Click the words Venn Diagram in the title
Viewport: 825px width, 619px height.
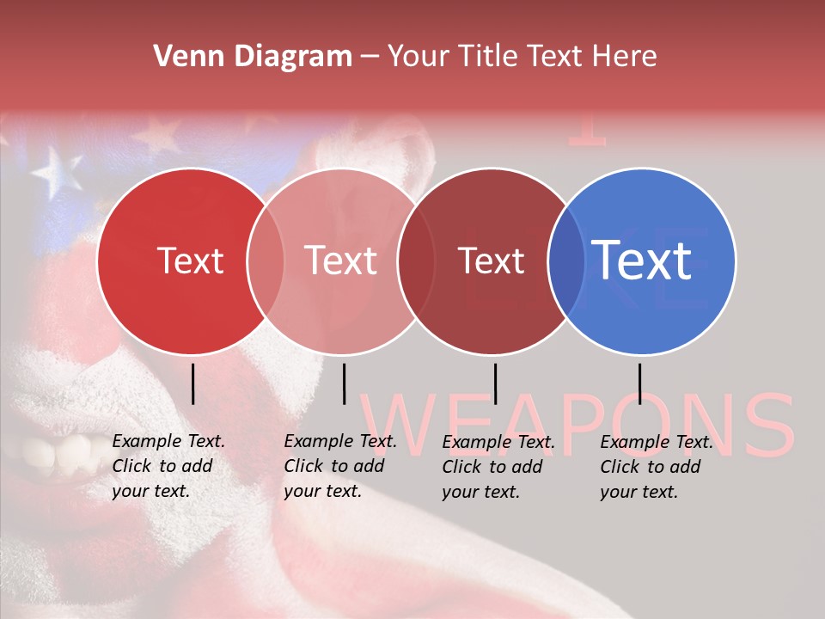[253, 57]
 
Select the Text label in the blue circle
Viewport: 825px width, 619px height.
[641, 260]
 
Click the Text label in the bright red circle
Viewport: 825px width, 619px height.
[191, 260]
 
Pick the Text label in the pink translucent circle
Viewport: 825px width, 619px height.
[341, 260]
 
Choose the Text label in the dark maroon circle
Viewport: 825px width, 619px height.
[492, 260]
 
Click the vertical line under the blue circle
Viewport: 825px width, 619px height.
[639, 383]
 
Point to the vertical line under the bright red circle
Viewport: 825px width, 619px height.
[192, 383]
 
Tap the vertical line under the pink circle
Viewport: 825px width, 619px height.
[344, 383]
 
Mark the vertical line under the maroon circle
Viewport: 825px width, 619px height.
[495, 383]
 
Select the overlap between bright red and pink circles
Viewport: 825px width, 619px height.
[266, 260]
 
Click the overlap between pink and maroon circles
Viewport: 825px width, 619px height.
[416, 260]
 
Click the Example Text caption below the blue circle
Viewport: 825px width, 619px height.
[657, 467]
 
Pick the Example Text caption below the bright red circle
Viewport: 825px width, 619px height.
[168, 467]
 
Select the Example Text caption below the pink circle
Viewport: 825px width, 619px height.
[340, 467]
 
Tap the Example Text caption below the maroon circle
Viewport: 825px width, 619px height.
[498, 467]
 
